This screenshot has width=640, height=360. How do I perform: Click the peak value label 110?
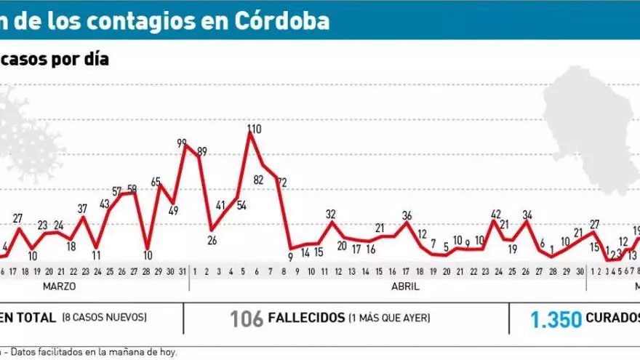click(253, 129)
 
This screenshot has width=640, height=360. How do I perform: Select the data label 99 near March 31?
click(183, 144)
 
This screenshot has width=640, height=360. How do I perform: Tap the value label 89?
click(201, 152)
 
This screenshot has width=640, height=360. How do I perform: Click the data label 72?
click(281, 182)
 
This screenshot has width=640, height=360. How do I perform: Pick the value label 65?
click(156, 182)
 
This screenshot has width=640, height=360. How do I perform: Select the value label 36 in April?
click(407, 215)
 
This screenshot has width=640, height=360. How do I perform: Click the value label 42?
click(496, 214)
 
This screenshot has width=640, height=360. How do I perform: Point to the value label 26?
click(212, 240)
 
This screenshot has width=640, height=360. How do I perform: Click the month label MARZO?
click(59, 287)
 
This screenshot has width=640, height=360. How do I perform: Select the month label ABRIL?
click(405, 287)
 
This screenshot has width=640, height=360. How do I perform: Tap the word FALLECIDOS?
click(307, 319)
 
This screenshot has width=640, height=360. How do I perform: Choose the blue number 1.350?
click(556, 319)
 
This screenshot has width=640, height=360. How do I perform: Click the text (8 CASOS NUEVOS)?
click(105, 318)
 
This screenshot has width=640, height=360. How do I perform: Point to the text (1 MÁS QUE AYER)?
click(389, 318)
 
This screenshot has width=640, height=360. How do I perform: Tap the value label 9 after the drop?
click(290, 256)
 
